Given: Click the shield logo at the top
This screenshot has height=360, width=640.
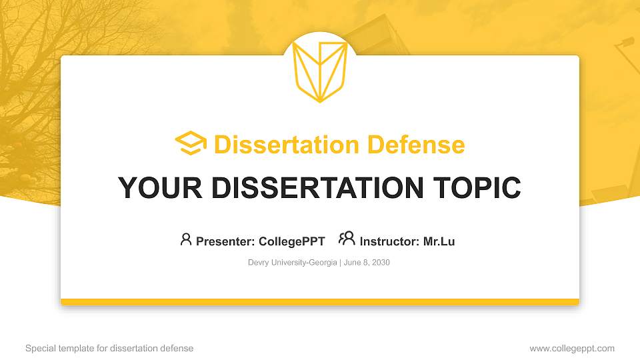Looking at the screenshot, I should coord(320,71).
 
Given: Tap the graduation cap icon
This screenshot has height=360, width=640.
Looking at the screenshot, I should coord(191,143).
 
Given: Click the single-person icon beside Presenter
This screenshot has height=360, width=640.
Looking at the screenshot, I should coord(186,239).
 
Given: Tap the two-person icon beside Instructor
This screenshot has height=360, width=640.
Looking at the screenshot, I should coord(347,239).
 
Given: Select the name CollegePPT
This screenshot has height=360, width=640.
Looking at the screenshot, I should coord(292,241).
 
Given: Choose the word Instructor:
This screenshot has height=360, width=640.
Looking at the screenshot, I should coord(389,241).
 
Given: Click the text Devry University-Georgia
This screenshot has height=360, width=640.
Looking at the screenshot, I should coord(292,263).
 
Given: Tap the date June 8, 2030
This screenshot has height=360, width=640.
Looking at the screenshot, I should coord(367,263).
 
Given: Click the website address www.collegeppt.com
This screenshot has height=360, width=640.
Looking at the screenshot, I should coord(572,348).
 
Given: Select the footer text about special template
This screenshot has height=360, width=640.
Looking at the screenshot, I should coord(109,348).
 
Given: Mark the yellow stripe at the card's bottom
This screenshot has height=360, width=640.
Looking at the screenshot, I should coord(320,302).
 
